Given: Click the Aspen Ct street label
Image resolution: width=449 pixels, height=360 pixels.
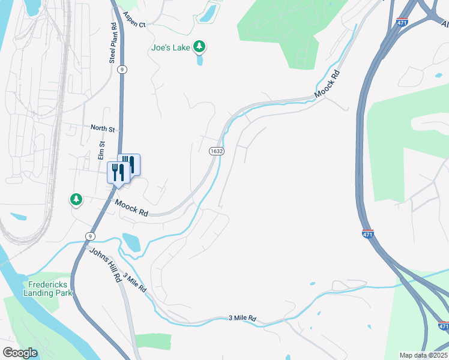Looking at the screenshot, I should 134,20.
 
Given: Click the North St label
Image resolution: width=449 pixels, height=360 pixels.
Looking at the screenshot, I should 103,128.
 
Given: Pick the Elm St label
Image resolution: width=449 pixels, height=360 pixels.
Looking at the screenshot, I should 102,151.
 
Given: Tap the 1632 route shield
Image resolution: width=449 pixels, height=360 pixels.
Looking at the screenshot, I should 217,151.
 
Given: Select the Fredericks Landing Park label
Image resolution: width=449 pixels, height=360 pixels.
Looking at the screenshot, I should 47,289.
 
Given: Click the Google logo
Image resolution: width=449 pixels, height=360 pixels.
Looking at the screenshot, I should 19,353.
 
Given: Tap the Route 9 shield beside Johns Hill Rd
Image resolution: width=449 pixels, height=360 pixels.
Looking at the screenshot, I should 89,236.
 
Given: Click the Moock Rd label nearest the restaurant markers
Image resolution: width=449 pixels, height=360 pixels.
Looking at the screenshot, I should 131,208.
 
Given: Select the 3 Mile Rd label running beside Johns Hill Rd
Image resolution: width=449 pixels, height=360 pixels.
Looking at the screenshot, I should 134,283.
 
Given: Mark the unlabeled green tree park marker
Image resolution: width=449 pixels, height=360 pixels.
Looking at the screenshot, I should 76,199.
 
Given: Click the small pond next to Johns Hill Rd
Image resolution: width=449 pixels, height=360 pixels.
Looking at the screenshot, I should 131,242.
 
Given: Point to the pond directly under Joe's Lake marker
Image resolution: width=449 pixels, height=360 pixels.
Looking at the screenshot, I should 199,60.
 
